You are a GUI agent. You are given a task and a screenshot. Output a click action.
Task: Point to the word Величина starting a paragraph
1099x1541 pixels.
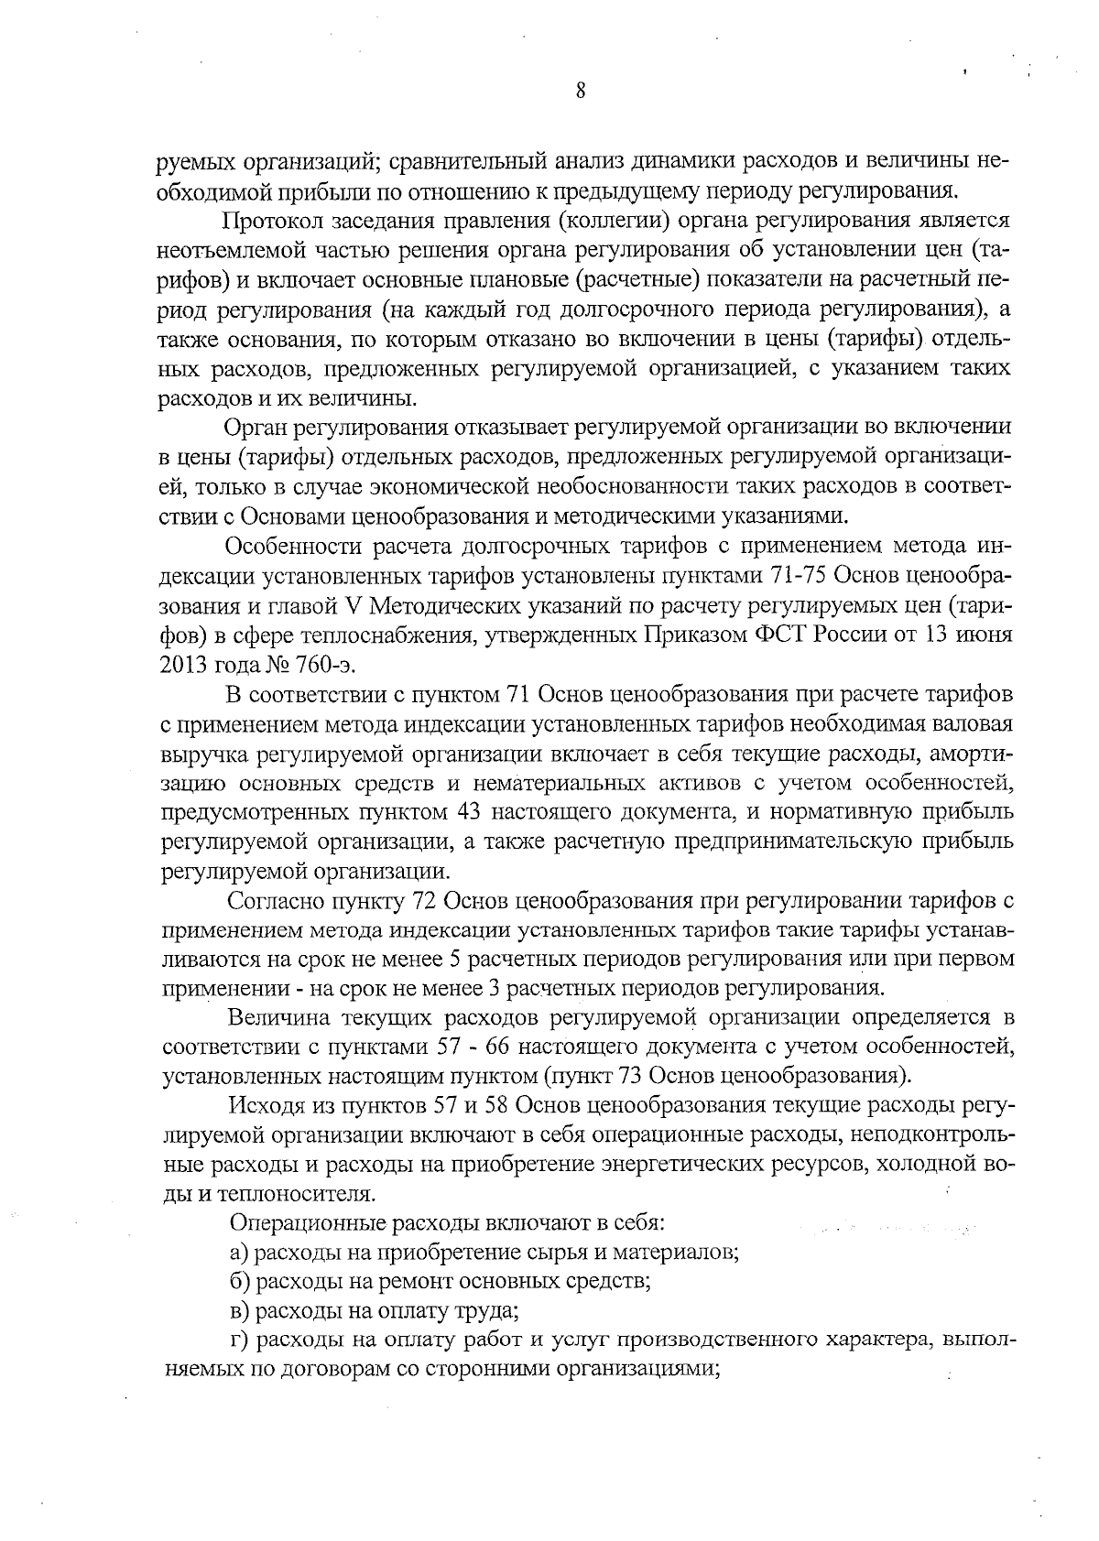(278, 1018)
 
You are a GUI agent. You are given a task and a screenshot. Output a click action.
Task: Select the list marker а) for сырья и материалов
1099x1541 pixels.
(239, 1253)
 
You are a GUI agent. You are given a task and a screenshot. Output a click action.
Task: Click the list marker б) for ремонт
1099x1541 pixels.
(239, 1282)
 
